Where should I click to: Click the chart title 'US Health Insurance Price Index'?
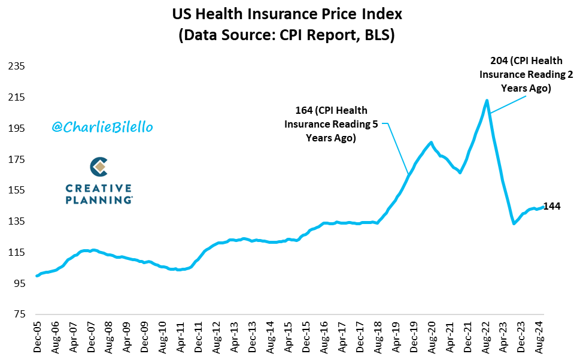point(288,14)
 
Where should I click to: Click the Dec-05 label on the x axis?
point(37,338)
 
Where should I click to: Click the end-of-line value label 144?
point(552,207)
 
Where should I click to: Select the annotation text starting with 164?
point(331,124)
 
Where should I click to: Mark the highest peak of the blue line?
point(487,101)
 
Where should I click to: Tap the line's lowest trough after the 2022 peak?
point(514,223)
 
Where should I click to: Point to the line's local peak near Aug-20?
point(431,143)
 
